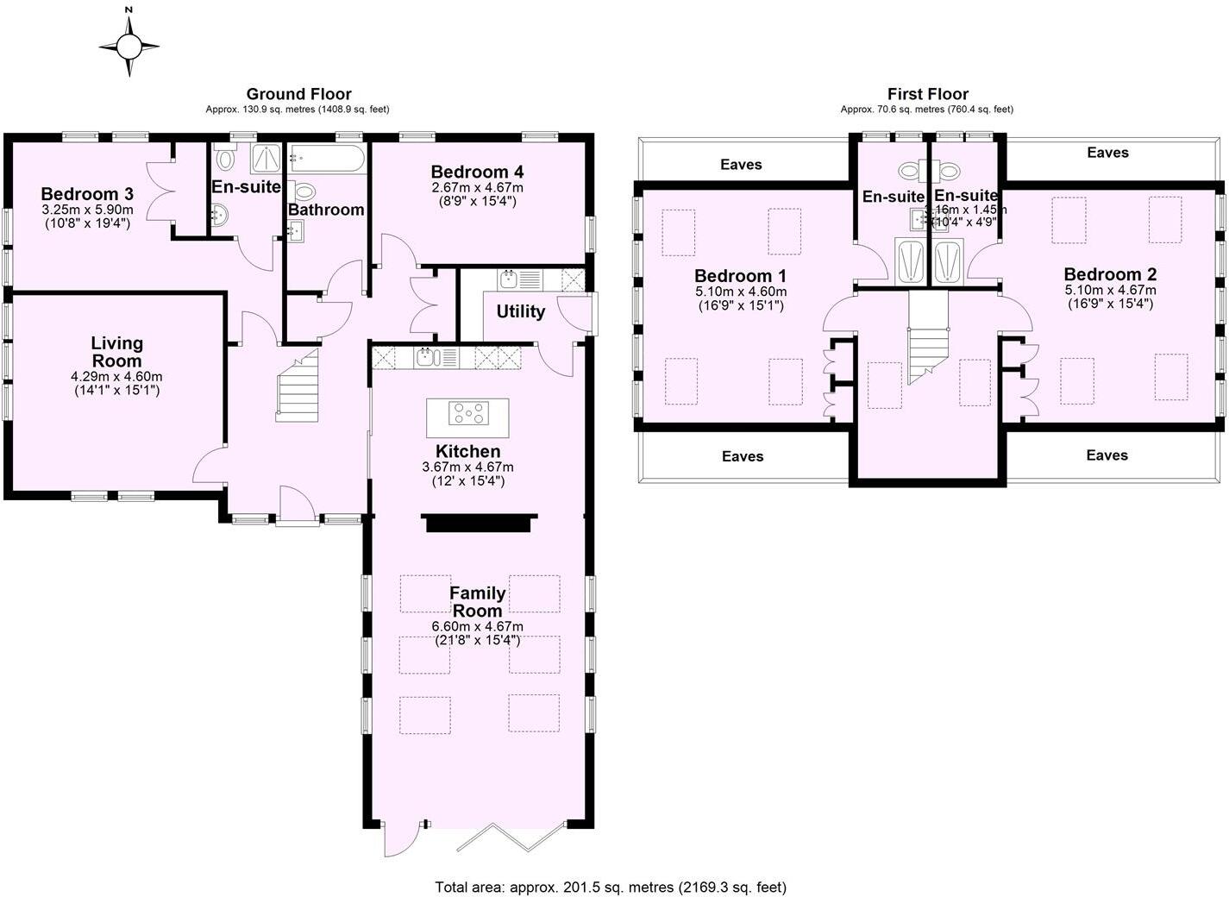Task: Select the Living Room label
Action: point(116,352)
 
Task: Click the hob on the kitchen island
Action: point(467,414)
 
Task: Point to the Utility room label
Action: point(520,311)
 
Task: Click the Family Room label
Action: point(477,601)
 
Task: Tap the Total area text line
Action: point(611,887)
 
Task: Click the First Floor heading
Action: point(927,94)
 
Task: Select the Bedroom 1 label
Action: point(740,276)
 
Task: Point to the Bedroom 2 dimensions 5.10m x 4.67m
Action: point(1109,291)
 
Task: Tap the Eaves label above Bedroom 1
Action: point(741,164)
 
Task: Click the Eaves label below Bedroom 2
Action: point(1107,455)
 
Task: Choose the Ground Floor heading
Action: point(298,94)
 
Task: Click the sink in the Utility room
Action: point(509,279)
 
